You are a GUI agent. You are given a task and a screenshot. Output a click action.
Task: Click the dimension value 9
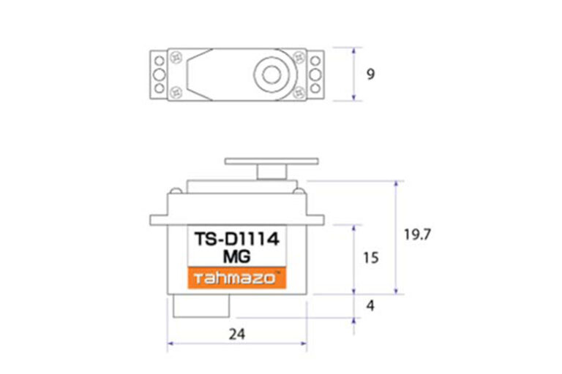pyautogui.click(x=370, y=74)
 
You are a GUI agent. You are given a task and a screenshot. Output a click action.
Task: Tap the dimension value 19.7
pyautogui.click(x=417, y=234)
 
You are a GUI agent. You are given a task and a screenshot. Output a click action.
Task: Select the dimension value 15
pyautogui.click(x=371, y=258)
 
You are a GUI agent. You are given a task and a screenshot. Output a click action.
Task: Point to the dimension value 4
pyautogui.click(x=370, y=305)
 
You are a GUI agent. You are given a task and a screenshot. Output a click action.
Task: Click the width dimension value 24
pyautogui.click(x=237, y=335)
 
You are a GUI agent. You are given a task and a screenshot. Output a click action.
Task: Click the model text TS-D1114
pyautogui.click(x=236, y=239)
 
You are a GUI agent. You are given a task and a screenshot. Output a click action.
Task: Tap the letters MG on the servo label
pyautogui.click(x=236, y=256)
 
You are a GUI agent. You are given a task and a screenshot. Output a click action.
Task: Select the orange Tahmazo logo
pyautogui.click(x=237, y=278)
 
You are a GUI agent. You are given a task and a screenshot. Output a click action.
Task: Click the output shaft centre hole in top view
pyautogui.click(x=271, y=75)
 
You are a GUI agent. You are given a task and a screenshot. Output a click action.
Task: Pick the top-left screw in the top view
pyautogui.click(x=176, y=56)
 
